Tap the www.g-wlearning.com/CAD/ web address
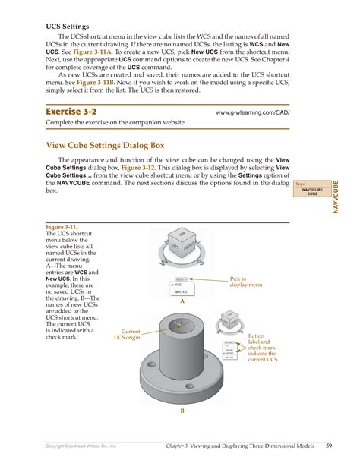pyautogui.click(x=252, y=112)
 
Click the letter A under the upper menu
pyautogui.click(x=182, y=301)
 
